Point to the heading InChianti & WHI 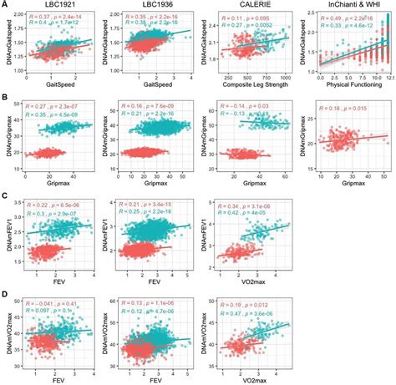[x=345, y=5]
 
